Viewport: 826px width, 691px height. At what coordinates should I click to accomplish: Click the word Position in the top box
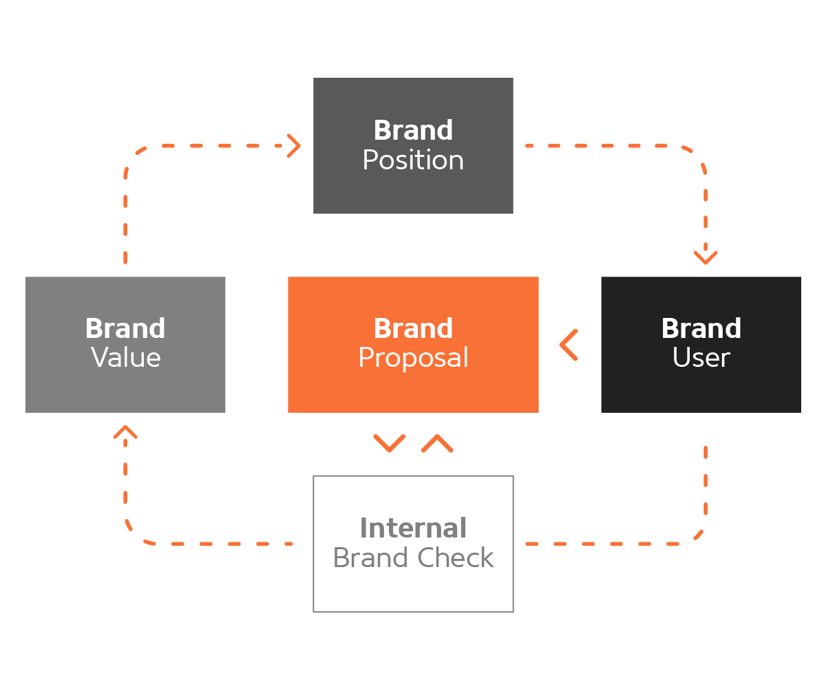point(413,160)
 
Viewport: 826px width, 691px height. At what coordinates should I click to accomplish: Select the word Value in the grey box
point(126,358)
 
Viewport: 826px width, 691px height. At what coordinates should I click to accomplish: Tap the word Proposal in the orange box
point(413,358)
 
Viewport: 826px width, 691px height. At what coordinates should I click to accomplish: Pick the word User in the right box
point(701,358)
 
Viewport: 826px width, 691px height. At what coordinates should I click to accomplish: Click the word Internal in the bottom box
point(413,529)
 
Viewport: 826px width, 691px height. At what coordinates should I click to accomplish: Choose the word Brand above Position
point(413,130)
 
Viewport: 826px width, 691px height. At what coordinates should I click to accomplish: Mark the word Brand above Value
point(125,328)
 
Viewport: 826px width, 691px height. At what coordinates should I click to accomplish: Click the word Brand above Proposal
point(413,328)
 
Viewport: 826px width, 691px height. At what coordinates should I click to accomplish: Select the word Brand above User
point(701,328)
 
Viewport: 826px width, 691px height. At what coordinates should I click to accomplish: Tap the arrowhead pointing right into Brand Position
point(295,146)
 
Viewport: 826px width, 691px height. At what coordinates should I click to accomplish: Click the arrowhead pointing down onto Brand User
point(705,257)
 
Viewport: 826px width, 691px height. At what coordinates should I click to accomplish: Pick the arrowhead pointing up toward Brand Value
point(125,432)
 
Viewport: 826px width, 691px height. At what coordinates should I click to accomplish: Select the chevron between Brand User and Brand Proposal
point(569,345)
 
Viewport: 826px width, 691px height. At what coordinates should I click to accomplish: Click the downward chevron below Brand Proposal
point(390,443)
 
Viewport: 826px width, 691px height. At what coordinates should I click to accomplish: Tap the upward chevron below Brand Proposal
point(437,443)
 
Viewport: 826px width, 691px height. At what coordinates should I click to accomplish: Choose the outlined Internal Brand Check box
point(413,592)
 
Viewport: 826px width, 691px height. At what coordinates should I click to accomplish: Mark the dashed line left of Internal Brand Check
point(220,544)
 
